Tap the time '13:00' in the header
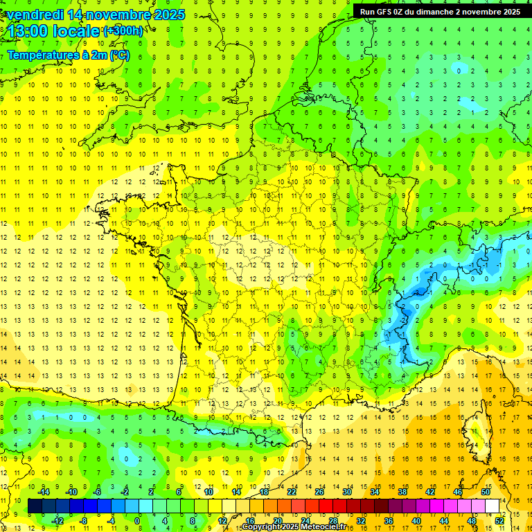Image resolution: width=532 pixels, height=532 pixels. click(29, 31)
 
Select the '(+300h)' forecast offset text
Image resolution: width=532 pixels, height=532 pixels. click(123, 30)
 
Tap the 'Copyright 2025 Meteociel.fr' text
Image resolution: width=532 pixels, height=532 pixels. click(294, 527)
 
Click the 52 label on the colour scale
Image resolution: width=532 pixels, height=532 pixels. click(499, 521)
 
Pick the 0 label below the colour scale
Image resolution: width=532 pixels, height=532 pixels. click(137, 521)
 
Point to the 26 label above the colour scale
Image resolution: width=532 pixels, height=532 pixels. click(319, 492)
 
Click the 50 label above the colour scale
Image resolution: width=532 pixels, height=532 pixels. click(486, 492)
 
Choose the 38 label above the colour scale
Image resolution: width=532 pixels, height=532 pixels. click(402, 492)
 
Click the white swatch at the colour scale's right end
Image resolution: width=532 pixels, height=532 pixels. click(493, 506)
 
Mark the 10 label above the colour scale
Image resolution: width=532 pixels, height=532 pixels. click(209, 492)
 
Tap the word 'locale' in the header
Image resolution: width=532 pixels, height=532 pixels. click(78, 31)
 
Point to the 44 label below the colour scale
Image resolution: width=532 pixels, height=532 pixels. click(444, 521)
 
